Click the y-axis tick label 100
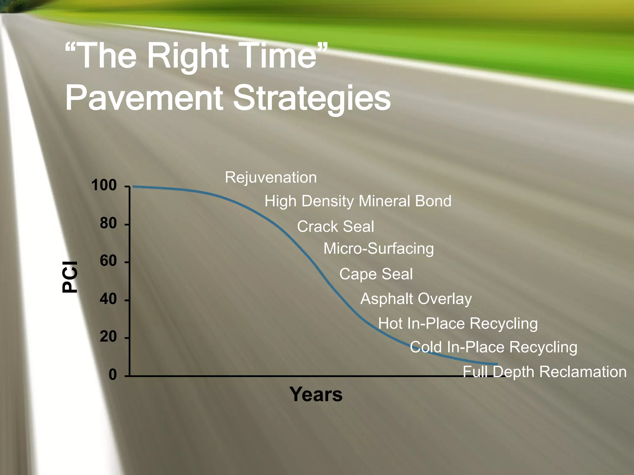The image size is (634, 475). coord(104,185)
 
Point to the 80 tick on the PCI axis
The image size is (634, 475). coord(108,223)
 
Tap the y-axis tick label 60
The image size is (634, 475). coord(108,261)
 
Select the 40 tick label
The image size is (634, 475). coord(108,299)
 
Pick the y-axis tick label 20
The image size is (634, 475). coord(108,336)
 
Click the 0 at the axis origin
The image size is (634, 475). coord(113,374)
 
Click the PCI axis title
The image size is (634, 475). coord(70,277)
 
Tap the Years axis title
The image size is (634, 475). coord(316,394)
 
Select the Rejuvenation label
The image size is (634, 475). coord(271,178)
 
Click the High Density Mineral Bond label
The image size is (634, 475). coord(358,201)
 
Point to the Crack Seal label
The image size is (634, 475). coord(335,226)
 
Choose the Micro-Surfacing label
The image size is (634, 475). coord(378,249)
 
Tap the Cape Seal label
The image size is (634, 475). coord(376,274)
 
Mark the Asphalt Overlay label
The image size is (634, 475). coord(416,299)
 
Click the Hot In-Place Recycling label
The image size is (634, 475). coord(458,323)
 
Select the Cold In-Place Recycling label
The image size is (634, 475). coord(493,347)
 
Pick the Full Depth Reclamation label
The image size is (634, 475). coord(544,372)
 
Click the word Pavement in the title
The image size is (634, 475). coord(144,98)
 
